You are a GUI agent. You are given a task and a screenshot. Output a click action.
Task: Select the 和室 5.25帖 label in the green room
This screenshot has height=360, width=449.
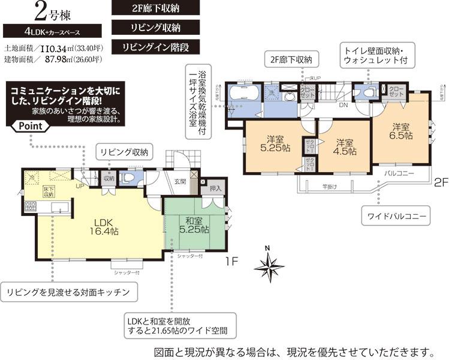point(192,224)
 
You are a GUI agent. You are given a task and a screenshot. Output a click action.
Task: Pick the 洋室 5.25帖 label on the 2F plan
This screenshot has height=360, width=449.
point(273,140)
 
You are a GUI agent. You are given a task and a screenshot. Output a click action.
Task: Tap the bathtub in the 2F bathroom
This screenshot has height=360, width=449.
point(243,94)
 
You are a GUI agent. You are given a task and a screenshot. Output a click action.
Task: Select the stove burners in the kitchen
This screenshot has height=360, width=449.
point(29,208)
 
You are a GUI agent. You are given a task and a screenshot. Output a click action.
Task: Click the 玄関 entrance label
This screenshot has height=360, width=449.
point(180,181)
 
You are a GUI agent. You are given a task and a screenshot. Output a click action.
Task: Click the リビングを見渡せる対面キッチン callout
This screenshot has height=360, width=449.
point(68,292)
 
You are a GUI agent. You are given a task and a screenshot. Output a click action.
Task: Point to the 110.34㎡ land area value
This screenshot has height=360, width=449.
point(61,47)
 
